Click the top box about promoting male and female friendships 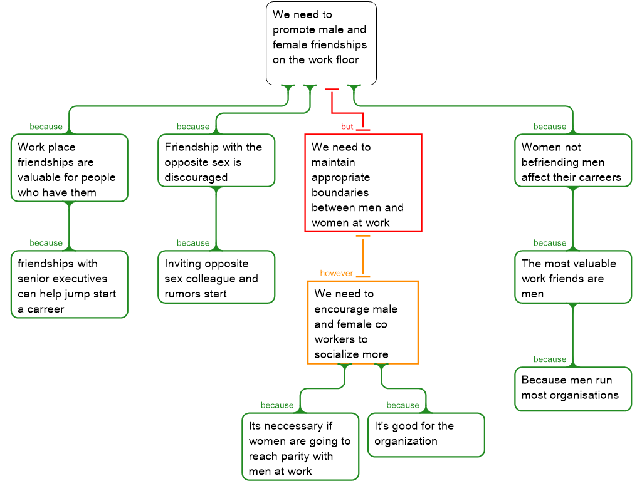tap(321, 43)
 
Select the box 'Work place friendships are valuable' tap(69, 168)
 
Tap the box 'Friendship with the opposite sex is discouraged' tap(216, 160)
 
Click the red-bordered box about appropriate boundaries tap(363, 183)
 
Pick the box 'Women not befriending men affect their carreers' tap(573, 160)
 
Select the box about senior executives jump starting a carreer tap(69, 284)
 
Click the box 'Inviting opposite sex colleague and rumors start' tap(216, 277)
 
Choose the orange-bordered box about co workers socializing tap(363, 322)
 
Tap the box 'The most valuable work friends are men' tap(573, 277)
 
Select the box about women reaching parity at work tap(300, 447)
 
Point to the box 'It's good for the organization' tap(426, 433)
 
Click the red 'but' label tap(347, 127)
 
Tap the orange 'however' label tap(337, 273)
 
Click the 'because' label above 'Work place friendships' tap(46, 127)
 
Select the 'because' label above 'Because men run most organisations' tap(550, 359)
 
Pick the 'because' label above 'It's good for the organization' tap(403, 405)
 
